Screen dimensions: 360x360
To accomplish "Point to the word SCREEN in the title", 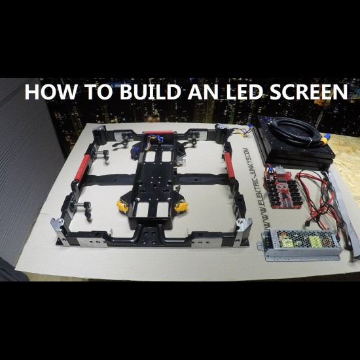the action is tap(309, 92).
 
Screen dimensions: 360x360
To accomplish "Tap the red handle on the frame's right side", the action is tap(230, 164).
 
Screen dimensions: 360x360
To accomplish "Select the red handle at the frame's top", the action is tap(158, 132).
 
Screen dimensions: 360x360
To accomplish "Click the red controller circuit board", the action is tap(283, 188).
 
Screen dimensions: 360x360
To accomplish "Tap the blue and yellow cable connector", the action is tap(326, 137).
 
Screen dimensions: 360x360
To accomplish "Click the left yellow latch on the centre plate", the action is tap(122, 206).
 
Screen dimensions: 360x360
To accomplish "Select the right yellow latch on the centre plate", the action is tap(181, 205).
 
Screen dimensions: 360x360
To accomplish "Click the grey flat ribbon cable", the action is tap(344, 213).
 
